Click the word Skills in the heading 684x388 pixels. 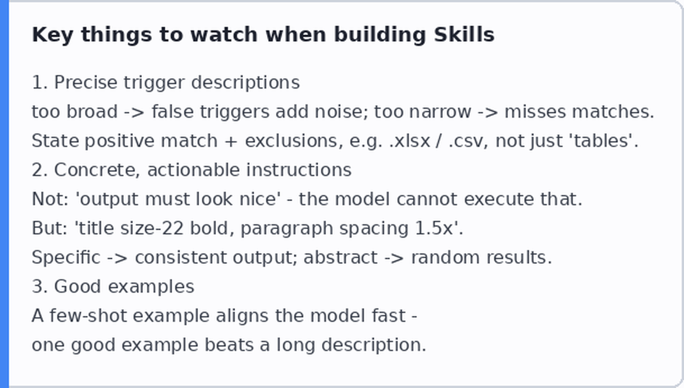pyautogui.click(x=464, y=34)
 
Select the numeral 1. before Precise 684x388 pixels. pyautogui.click(x=40, y=82)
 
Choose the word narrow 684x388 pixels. pyautogui.click(x=440, y=112)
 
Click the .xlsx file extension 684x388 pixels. pyautogui.click(x=410, y=141)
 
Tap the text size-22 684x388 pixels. pyautogui.click(x=152, y=228)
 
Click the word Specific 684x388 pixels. pyautogui.click(x=66, y=258)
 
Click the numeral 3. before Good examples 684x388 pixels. pyautogui.click(x=40, y=287)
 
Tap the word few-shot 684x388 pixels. pyautogui.click(x=88, y=316)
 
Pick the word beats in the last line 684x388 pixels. pyautogui.click(x=229, y=345)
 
